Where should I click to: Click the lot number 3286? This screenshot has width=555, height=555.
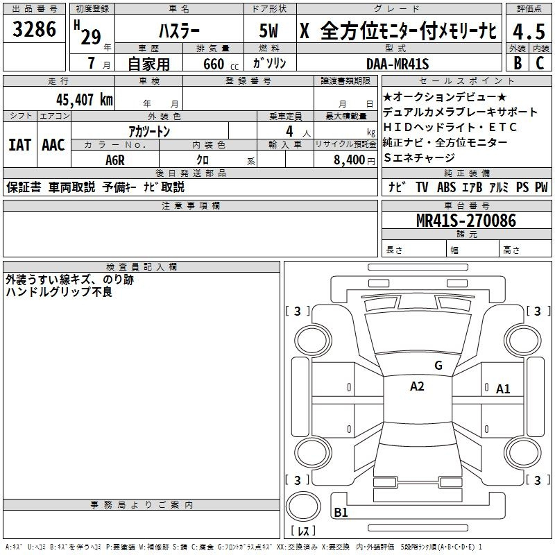34,29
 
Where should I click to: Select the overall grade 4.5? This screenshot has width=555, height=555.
529,31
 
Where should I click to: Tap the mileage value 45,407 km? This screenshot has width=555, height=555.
85,99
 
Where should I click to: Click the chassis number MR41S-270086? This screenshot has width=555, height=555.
466,221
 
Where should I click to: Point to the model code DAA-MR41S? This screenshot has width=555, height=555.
398,64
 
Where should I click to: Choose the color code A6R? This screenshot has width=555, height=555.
115,160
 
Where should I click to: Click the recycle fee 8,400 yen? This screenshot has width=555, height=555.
354,160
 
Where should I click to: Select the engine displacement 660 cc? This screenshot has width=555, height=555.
221,64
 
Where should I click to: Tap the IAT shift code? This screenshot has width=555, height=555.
19,145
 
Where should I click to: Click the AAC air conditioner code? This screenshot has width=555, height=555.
53,145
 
